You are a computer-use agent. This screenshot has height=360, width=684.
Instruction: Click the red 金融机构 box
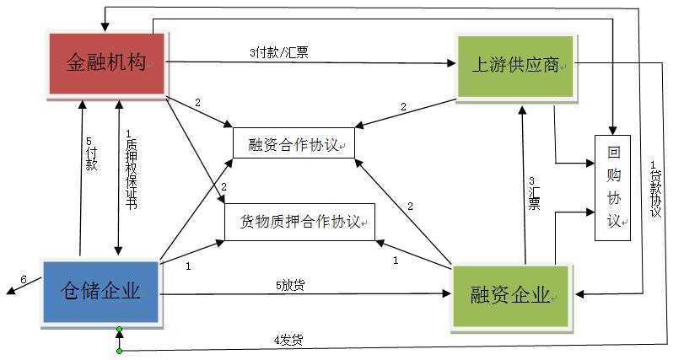(x=107, y=62)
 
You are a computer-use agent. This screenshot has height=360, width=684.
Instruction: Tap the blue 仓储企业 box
(x=100, y=292)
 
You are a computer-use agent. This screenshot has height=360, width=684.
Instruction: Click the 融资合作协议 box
(x=294, y=144)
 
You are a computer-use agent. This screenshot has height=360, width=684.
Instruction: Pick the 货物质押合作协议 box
(x=299, y=222)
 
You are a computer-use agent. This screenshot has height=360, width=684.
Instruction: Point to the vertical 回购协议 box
(x=612, y=187)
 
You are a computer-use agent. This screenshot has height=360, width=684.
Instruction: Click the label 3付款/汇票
(x=278, y=52)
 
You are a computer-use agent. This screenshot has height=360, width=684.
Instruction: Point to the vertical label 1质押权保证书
(x=130, y=169)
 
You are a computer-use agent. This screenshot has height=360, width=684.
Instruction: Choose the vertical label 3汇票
(x=533, y=193)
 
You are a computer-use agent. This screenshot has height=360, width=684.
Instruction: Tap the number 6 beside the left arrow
(x=24, y=279)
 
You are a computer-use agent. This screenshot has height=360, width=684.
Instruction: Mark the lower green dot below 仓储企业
(x=120, y=350)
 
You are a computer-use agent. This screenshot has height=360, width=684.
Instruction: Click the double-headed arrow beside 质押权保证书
(x=119, y=177)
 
